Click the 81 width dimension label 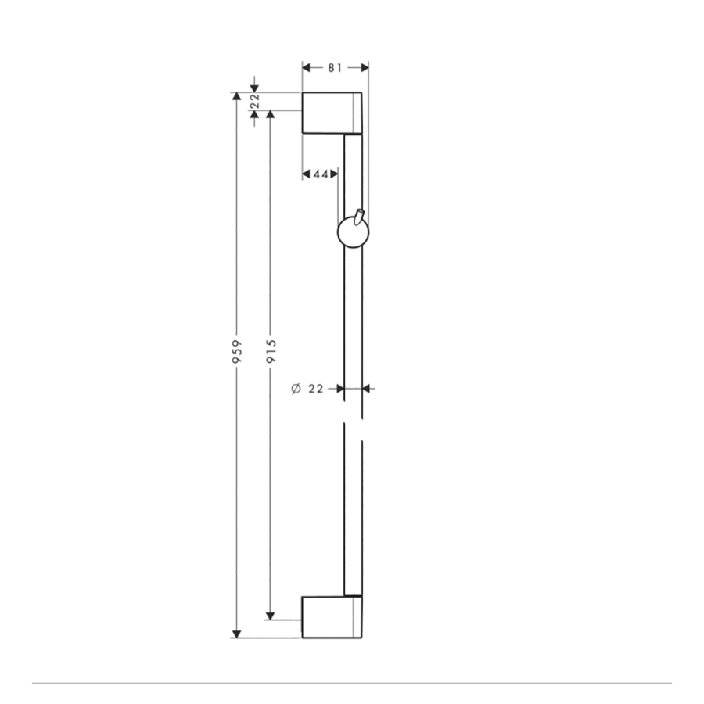coord(335,68)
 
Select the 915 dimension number coord(271,351)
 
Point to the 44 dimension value coord(321,174)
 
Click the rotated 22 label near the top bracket coord(254,101)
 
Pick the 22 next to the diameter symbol coord(316,389)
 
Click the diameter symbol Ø coord(296,389)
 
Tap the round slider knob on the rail coord(353,233)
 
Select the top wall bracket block coord(332,113)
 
